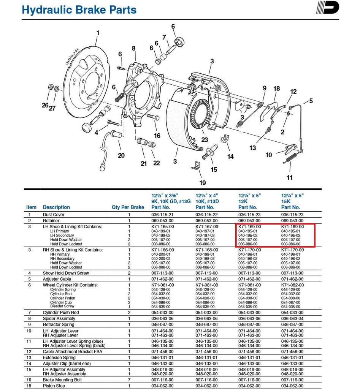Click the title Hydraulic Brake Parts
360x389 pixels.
(x=79, y=10)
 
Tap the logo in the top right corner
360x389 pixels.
(x=327, y=8)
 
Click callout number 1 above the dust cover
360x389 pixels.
(x=98, y=33)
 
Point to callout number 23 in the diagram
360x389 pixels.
(x=205, y=140)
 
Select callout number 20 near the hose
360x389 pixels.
(x=121, y=155)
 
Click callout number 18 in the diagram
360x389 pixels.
(x=276, y=89)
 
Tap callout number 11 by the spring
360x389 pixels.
(x=290, y=177)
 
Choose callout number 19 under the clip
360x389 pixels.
(x=203, y=183)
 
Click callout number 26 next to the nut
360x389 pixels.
(x=45, y=105)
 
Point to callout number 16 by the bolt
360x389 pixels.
(x=157, y=136)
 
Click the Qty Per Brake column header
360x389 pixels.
(x=128, y=207)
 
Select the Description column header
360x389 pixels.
(x=56, y=207)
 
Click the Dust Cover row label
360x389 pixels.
(x=54, y=215)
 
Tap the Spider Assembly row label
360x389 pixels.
(x=59, y=319)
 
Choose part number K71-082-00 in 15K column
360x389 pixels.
(x=292, y=285)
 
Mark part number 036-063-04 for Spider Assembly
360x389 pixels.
(x=293, y=319)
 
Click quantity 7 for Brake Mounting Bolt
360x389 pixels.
(x=129, y=380)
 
